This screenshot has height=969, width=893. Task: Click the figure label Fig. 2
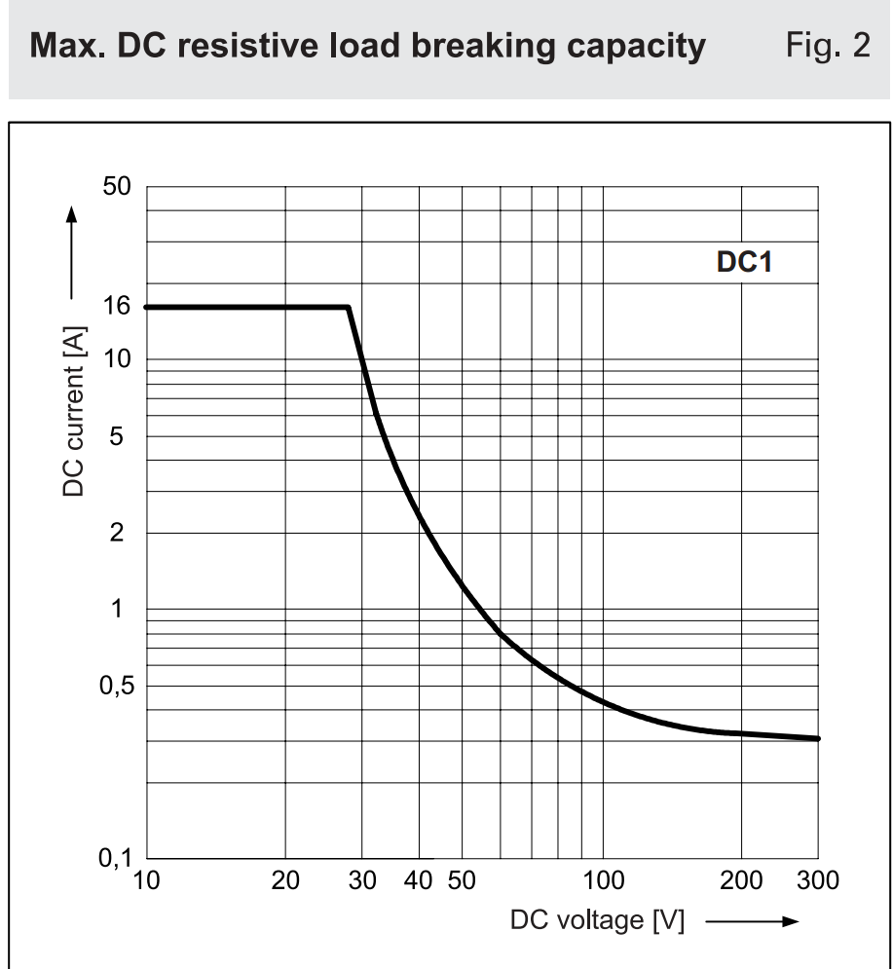829,47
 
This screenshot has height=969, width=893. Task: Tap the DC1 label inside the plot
744,262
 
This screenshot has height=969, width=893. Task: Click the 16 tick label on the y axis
117,307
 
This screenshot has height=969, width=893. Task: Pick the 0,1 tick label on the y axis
117,858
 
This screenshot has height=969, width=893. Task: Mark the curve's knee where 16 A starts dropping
348,308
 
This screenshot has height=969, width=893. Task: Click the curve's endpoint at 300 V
817,738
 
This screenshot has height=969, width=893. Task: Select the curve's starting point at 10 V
146,308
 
